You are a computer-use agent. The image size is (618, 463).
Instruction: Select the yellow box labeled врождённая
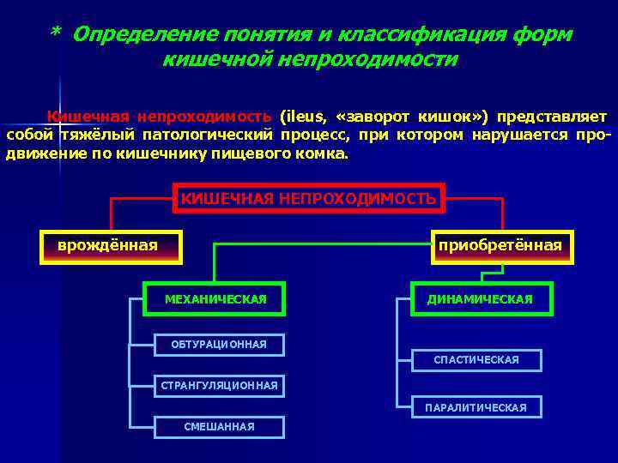click(x=111, y=246)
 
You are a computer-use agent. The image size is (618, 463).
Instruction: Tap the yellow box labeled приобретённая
click(x=500, y=246)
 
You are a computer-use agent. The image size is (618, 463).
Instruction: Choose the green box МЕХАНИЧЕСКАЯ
click(x=215, y=298)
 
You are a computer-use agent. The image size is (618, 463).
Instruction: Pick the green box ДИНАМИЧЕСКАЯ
click(x=481, y=298)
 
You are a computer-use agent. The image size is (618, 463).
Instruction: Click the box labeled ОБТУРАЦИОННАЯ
click(x=218, y=345)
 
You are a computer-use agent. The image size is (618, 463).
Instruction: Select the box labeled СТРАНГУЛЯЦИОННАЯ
click(x=219, y=386)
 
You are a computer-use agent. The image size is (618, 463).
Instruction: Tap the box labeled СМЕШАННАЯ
click(x=219, y=426)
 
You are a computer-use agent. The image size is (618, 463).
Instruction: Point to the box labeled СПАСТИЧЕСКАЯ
click(x=476, y=360)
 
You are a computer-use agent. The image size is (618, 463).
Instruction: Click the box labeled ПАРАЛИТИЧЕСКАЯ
click(x=476, y=407)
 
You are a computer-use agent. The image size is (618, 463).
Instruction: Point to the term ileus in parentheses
click(x=304, y=117)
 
